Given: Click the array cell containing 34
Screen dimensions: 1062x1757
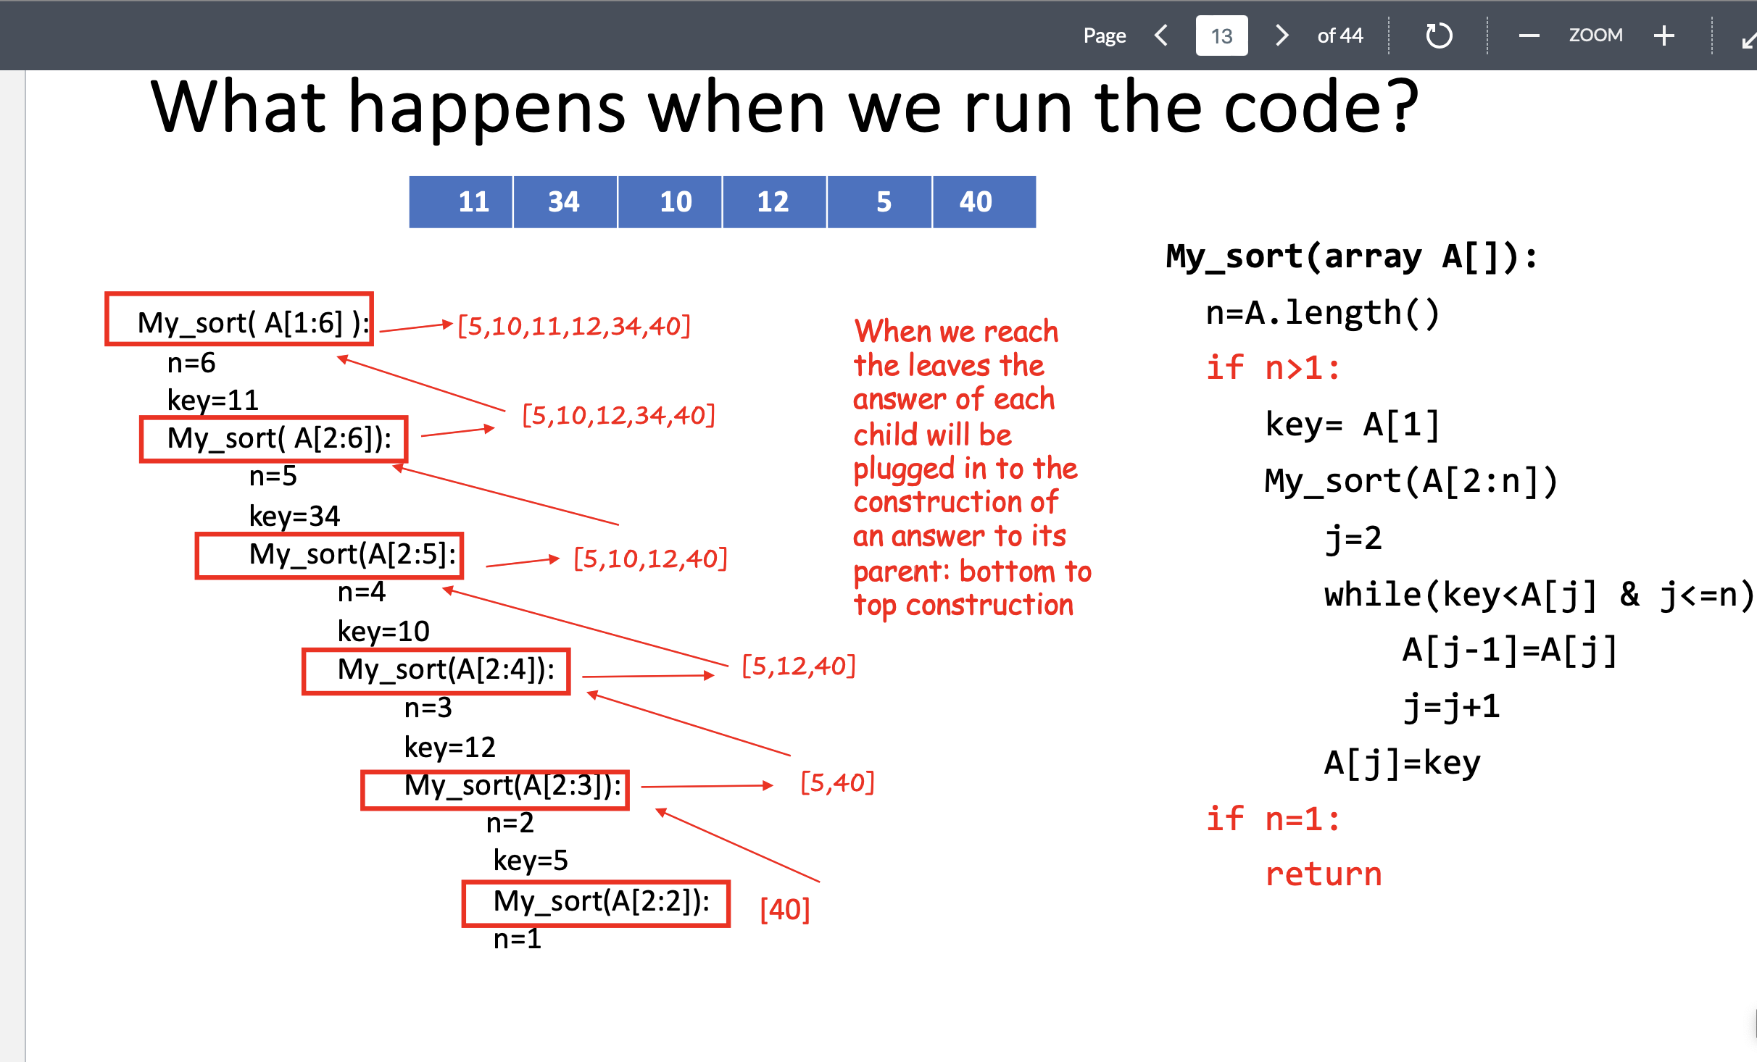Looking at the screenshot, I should pos(565,201).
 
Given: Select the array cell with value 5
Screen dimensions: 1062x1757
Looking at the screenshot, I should pos(883,201).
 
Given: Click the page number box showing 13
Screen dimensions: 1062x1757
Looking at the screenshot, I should pos(1221,35).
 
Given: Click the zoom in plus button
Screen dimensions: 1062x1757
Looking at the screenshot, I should pos(1664,35).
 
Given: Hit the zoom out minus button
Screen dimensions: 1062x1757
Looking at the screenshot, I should pos(1529,35).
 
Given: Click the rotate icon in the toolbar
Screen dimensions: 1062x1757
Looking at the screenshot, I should pos(1438,35).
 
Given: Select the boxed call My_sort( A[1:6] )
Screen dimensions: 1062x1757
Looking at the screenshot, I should pos(240,320).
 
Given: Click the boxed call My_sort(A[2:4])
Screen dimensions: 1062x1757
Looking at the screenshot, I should pos(436,671).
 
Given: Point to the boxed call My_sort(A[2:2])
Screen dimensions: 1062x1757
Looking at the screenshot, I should pos(596,903).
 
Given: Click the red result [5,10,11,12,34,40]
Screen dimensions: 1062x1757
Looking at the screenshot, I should pos(574,327).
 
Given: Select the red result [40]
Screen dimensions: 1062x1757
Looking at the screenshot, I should pos(784,909).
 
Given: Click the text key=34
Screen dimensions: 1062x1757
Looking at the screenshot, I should pos(294,516).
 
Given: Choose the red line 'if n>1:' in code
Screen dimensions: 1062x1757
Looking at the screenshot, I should pos(1273,368).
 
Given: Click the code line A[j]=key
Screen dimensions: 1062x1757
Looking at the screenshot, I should pos(1402,763).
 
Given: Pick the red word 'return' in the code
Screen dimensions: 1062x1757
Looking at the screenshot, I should pos(1324,874).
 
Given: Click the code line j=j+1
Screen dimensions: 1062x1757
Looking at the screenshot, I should pos(1451,706).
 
